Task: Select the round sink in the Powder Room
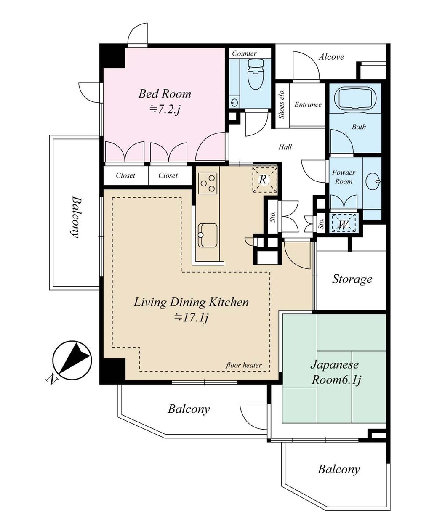tap(373, 182)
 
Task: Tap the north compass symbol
tap(71, 359)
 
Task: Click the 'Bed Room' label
tap(165, 93)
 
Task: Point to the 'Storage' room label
tap(352, 279)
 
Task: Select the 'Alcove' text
tap(331, 57)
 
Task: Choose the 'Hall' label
tap(285, 147)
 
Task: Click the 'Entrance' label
tap(308, 105)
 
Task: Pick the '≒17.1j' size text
tap(192, 318)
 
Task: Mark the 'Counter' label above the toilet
tap(244, 53)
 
